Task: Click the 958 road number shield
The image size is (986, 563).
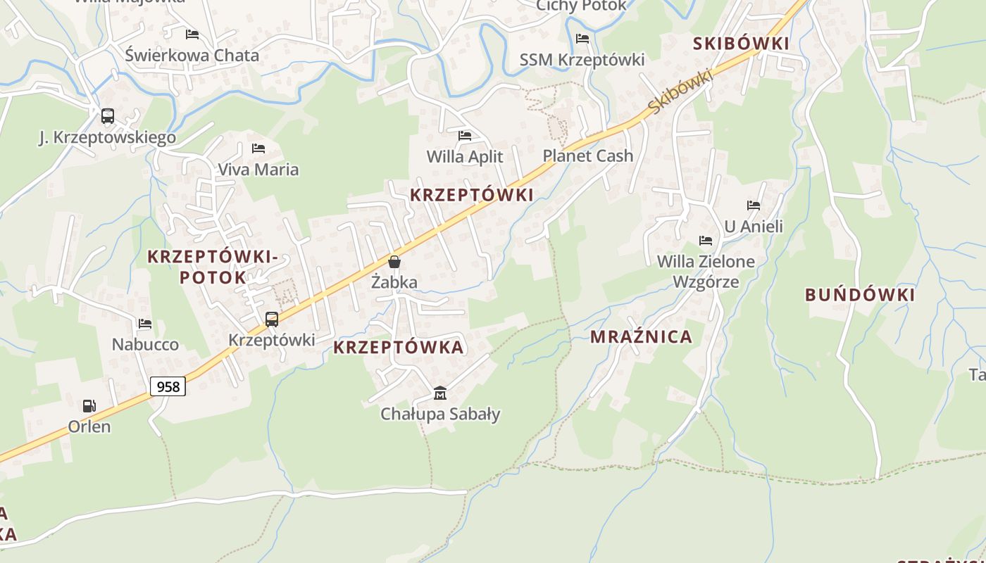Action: pyautogui.click(x=168, y=386)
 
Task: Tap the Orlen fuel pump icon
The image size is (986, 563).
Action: pyautogui.click(x=89, y=406)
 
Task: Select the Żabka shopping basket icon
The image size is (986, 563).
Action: pyautogui.click(x=394, y=262)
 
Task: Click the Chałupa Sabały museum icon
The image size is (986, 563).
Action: pyautogui.click(x=440, y=393)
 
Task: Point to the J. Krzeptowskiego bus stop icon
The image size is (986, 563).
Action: pyautogui.click(x=108, y=116)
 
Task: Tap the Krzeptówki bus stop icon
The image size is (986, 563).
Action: pyautogui.click(x=272, y=320)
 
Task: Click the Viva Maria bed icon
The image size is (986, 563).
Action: pyautogui.click(x=258, y=148)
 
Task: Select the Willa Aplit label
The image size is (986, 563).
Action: pyautogui.click(x=465, y=156)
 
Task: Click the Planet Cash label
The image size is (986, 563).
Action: pyautogui.click(x=588, y=156)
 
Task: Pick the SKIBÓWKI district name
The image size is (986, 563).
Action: pyautogui.click(x=741, y=44)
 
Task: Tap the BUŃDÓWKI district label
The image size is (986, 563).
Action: pyautogui.click(x=860, y=295)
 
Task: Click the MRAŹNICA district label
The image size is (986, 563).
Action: pyautogui.click(x=641, y=337)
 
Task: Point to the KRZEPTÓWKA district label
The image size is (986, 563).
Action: pyautogui.click(x=399, y=347)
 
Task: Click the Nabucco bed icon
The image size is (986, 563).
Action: pyautogui.click(x=145, y=324)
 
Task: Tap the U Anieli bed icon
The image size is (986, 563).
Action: pyautogui.click(x=754, y=205)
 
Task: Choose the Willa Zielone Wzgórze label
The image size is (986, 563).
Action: pyautogui.click(x=706, y=272)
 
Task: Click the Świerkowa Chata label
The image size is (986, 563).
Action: pyautogui.click(x=192, y=55)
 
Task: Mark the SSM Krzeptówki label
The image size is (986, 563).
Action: pyautogui.click(x=582, y=60)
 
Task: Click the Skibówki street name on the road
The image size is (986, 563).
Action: pyautogui.click(x=680, y=91)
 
